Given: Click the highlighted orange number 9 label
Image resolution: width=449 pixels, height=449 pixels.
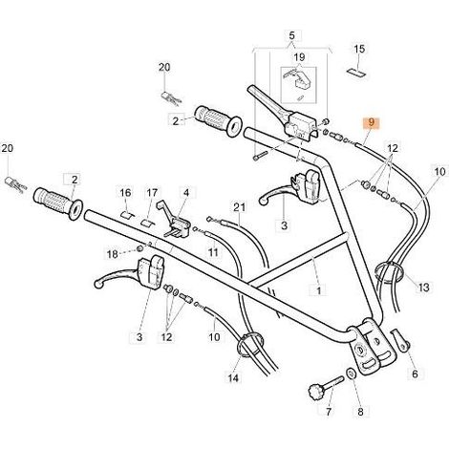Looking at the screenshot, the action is point(371,122).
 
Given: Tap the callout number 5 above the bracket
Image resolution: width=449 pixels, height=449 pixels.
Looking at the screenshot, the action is point(292,36).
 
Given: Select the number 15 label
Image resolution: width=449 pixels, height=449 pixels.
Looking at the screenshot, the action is point(359,49).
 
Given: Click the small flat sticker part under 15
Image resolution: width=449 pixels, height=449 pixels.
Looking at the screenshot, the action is point(355,73).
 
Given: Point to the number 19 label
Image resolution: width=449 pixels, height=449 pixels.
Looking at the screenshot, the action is point(299,57).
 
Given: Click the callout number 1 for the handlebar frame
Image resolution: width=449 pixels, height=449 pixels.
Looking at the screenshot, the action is point(318,290).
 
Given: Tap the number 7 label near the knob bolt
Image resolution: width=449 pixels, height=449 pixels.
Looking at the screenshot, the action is point(329,412).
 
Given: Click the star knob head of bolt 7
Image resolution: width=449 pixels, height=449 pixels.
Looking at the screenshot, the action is point(316,390).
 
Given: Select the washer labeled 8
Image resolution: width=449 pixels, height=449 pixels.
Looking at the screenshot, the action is point(351,374).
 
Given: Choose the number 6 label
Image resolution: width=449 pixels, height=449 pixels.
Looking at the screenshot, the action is point(415,374).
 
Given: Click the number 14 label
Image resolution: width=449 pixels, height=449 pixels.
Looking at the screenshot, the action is point(233,378).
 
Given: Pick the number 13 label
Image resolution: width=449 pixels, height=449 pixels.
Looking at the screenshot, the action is point(424,288).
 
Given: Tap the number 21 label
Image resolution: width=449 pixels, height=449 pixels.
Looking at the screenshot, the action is point(240,207).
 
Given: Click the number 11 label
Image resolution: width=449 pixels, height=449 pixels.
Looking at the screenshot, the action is point(213,252).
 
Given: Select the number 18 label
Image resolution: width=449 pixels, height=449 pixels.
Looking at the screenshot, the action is point(112,254).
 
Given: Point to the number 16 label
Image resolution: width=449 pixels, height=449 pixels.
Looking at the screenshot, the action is point(125,193).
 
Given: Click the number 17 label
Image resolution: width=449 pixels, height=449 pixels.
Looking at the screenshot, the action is point(152,193).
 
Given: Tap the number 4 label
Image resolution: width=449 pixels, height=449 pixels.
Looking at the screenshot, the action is point(186,193).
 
